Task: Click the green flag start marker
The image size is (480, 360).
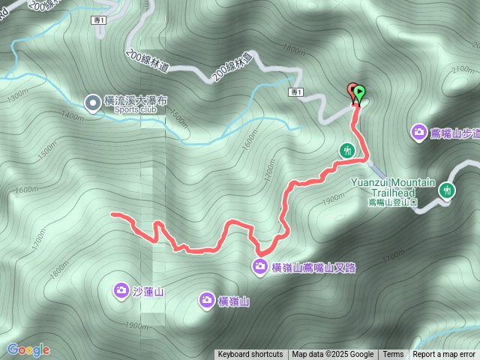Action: pyautogui.click(x=359, y=94)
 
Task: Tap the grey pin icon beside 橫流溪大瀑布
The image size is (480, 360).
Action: pyautogui.click(x=92, y=101)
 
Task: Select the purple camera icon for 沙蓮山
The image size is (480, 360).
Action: pyautogui.click(x=121, y=291)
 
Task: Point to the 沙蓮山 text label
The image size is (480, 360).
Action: pyautogui.click(x=148, y=292)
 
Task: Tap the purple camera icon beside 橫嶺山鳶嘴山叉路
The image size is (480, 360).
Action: pyautogui.click(x=259, y=265)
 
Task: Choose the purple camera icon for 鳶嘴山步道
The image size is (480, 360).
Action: pyautogui.click(x=418, y=133)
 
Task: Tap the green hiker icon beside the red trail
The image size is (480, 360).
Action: pyautogui.click(x=346, y=150)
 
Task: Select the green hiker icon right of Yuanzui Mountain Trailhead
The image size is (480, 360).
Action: pyautogui.click(x=448, y=190)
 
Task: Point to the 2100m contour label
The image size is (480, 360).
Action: pyautogui.click(x=461, y=69)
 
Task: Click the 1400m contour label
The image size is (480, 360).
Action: pyautogui.click(x=73, y=115)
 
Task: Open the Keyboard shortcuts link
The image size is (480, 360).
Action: pyautogui.click(x=250, y=355)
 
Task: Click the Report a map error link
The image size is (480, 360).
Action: pyautogui.click(x=444, y=355)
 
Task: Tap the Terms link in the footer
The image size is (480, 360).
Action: pyautogui.click(x=393, y=355)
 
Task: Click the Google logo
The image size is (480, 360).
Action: pyautogui.click(x=28, y=349)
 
